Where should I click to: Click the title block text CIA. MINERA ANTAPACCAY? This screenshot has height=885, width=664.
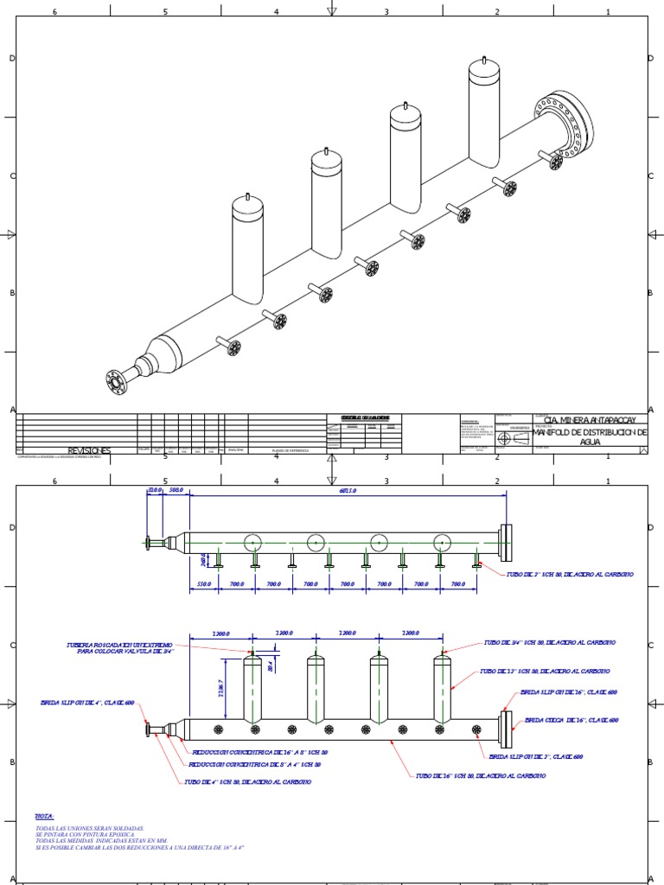point(591,418)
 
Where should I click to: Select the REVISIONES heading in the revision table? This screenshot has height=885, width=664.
point(89,450)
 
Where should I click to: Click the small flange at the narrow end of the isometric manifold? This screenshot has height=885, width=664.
point(115,381)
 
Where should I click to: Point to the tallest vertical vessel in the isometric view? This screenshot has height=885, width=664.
point(490,112)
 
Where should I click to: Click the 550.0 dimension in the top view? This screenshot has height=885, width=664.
point(204,585)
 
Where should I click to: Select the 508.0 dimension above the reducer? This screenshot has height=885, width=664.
point(176,491)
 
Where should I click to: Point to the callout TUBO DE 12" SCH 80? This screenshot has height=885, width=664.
point(546,671)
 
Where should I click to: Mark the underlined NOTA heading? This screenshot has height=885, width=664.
point(44,816)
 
